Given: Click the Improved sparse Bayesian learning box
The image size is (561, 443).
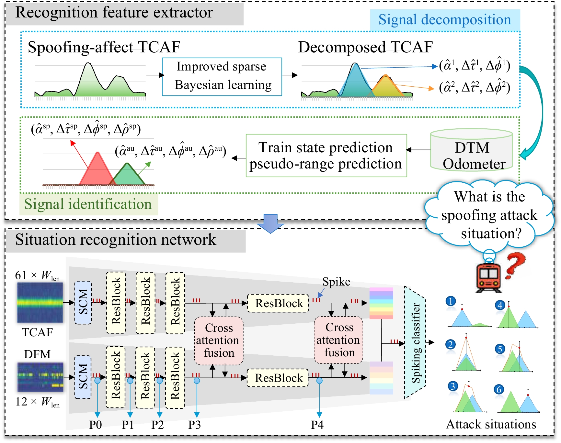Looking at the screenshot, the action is [222, 77].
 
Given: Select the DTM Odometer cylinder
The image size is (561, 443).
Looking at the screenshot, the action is [472, 150].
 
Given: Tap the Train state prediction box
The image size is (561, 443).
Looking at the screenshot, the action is [326, 156].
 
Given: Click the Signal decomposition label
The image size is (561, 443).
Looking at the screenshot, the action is [445, 20].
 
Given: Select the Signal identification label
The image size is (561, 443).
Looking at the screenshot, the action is [88, 204].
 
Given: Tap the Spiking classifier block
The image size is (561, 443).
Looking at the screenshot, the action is [415, 343].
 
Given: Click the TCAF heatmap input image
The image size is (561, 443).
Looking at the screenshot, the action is [40, 303].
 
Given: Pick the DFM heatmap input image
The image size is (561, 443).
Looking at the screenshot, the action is [40, 377].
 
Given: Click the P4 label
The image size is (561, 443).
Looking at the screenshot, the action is [317, 425].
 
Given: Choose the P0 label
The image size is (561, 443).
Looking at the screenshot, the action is [96, 425].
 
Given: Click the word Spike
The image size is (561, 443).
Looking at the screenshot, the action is [336, 282].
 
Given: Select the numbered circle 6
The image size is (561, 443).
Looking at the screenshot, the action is [499, 389].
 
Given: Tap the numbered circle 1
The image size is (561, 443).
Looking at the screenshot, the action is [451, 301].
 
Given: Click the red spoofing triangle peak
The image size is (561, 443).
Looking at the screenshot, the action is [97, 153].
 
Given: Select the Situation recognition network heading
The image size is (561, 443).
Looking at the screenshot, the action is [116, 240].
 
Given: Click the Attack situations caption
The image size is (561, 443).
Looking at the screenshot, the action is [491, 424].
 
